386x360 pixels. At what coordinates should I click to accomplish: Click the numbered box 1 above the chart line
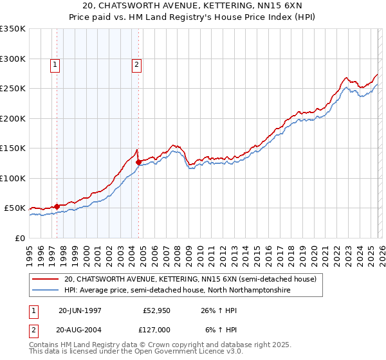[55, 64]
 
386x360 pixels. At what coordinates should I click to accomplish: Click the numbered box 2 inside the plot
[137, 64]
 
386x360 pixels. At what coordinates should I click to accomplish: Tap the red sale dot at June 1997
[57, 206]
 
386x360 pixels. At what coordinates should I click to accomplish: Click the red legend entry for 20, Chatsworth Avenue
[190, 280]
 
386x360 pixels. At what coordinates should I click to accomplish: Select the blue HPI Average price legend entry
[177, 291]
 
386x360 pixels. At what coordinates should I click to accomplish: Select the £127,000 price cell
[154, 329]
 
